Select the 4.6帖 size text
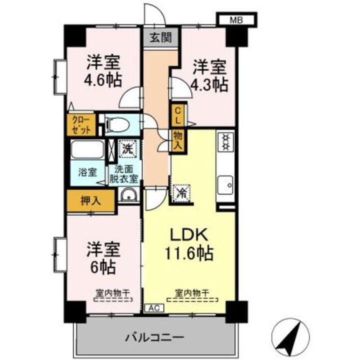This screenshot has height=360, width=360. (104, 80)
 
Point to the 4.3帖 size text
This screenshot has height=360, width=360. (209, 83)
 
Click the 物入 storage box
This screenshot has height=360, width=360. (177, 139)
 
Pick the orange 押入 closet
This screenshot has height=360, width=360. (91, 200)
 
